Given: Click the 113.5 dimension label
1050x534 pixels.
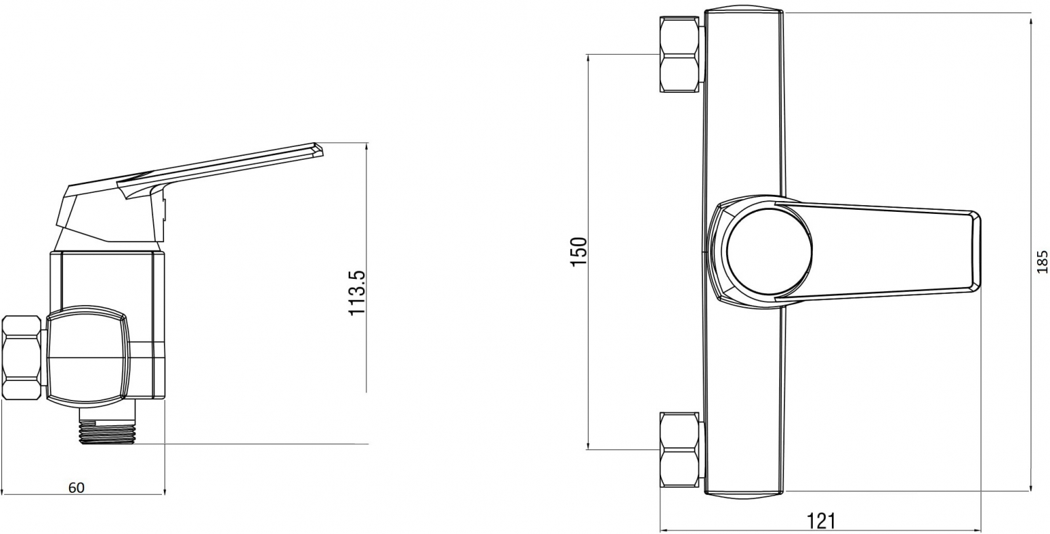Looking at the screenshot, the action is pyautogui.click(x=357, y=292).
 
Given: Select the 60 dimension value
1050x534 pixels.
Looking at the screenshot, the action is pyautogui.click(x=77, y=487).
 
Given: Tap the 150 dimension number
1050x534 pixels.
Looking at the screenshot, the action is pyautogui.click(x=579, y=252).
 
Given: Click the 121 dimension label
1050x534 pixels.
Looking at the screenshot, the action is pyautogui.click(x=820, y=521).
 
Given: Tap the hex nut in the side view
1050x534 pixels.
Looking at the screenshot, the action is pyautogui.click(x=22, y=358).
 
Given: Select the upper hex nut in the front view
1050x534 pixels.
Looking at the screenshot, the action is pyautogui.click(x=679, y=54).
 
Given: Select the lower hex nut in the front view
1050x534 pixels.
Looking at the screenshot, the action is pyautogui.click(x=679, y=449).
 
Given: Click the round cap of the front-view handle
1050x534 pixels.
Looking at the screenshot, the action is pyautogui.click(x=770, y=252).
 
